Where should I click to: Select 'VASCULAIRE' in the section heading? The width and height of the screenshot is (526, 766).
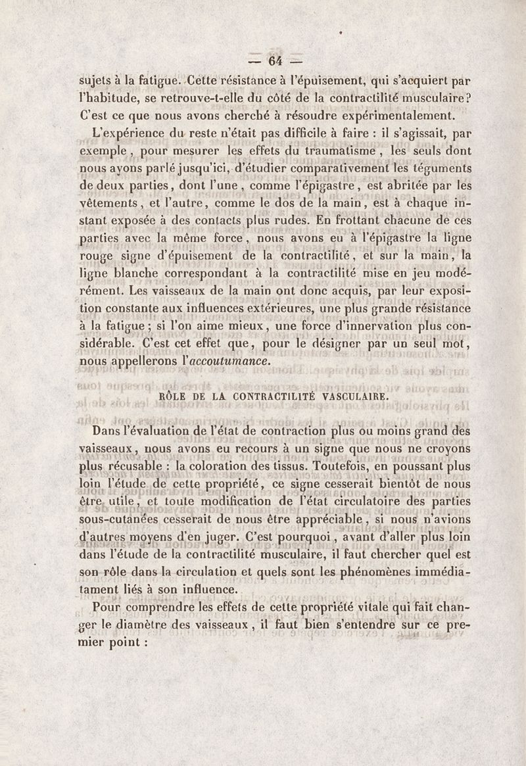(352, 396)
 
